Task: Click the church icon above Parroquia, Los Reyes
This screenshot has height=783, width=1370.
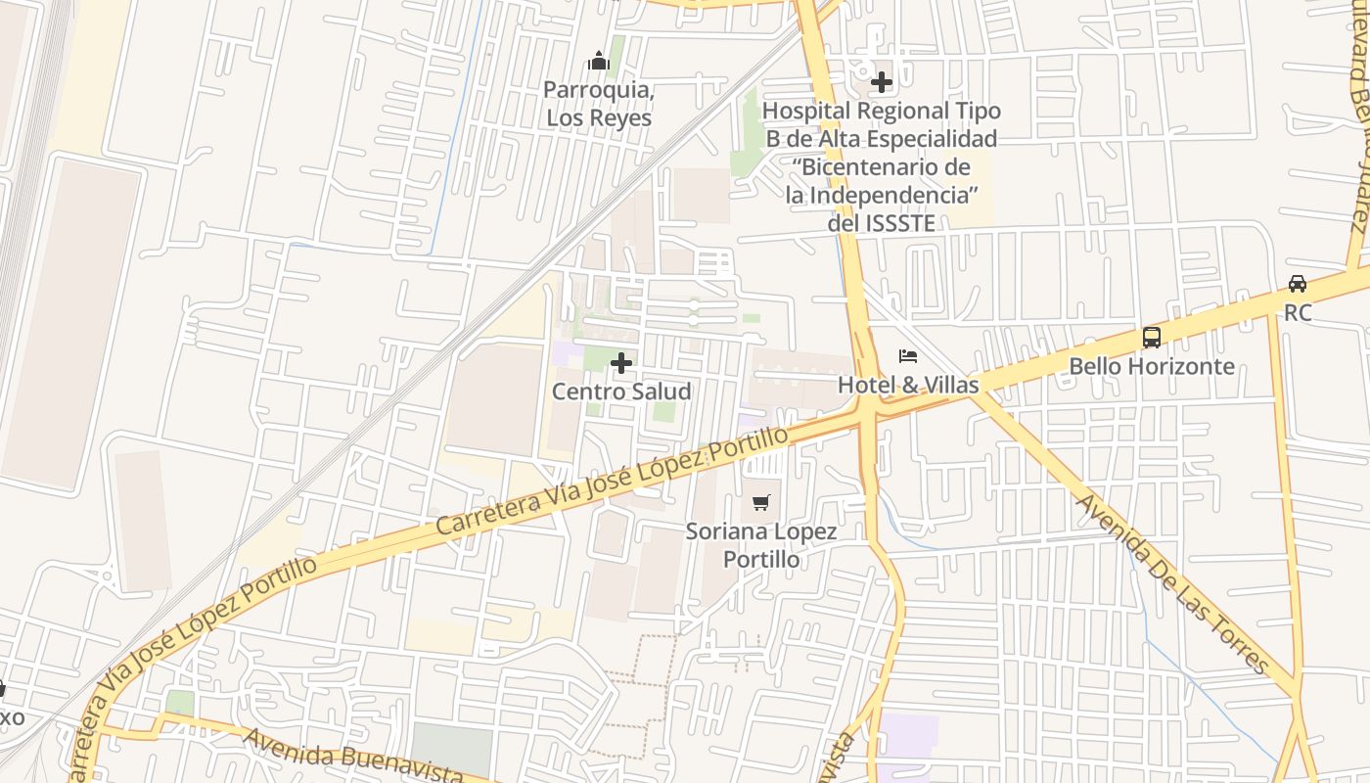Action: coord(599,62)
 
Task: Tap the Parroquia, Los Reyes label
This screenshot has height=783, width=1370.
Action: coord(599,104)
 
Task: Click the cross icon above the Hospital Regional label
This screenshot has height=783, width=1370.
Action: coord(882,82)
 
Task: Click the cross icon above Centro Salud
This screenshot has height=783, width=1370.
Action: coord(621,364)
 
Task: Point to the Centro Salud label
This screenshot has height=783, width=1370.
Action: coord(621,391)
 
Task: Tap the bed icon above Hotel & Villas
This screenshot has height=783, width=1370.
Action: coord(908,356)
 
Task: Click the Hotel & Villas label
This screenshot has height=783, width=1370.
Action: coord(908,385)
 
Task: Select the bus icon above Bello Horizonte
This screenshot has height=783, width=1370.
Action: coord(1152,338)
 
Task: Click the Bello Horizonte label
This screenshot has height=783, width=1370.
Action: coord(1152,366)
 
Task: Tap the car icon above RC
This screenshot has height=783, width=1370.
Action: coord(1298,284)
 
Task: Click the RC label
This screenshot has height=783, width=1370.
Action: coord(1298,313)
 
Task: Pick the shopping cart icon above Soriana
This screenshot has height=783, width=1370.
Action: coord(761,503)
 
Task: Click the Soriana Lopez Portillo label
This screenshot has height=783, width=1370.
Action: coord(761,545)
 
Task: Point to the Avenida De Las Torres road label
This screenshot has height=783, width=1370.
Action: coord(1172,583)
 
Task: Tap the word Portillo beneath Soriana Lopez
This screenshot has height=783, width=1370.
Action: coord(761,560)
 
